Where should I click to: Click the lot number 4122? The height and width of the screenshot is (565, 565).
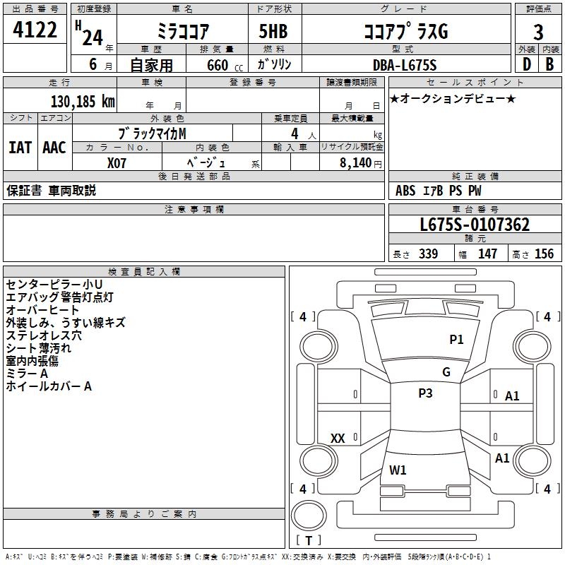point(35,31)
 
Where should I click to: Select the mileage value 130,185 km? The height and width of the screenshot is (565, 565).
point(82,101)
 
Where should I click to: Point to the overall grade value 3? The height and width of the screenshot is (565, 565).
point(538,32)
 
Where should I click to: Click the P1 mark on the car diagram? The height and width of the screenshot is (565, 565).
point(457,340)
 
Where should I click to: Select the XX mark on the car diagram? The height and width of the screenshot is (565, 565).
point(338,439)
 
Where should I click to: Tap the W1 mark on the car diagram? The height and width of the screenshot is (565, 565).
point(398,470)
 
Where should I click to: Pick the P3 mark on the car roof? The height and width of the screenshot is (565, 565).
point(425,393)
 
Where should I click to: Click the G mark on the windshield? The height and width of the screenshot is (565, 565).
point(446,372)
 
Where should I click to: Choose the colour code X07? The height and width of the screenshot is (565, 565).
point(117,162)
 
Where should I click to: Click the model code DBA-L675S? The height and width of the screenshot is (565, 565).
point(405,65)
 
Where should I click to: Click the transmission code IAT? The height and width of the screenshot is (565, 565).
point(20,148)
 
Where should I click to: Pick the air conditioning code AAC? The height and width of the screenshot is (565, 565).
point(54,148)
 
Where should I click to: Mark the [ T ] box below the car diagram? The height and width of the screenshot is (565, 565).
point(309,540)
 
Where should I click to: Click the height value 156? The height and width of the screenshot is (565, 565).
point(544,254)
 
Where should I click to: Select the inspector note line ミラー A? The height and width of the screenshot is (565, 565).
point(27,374)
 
